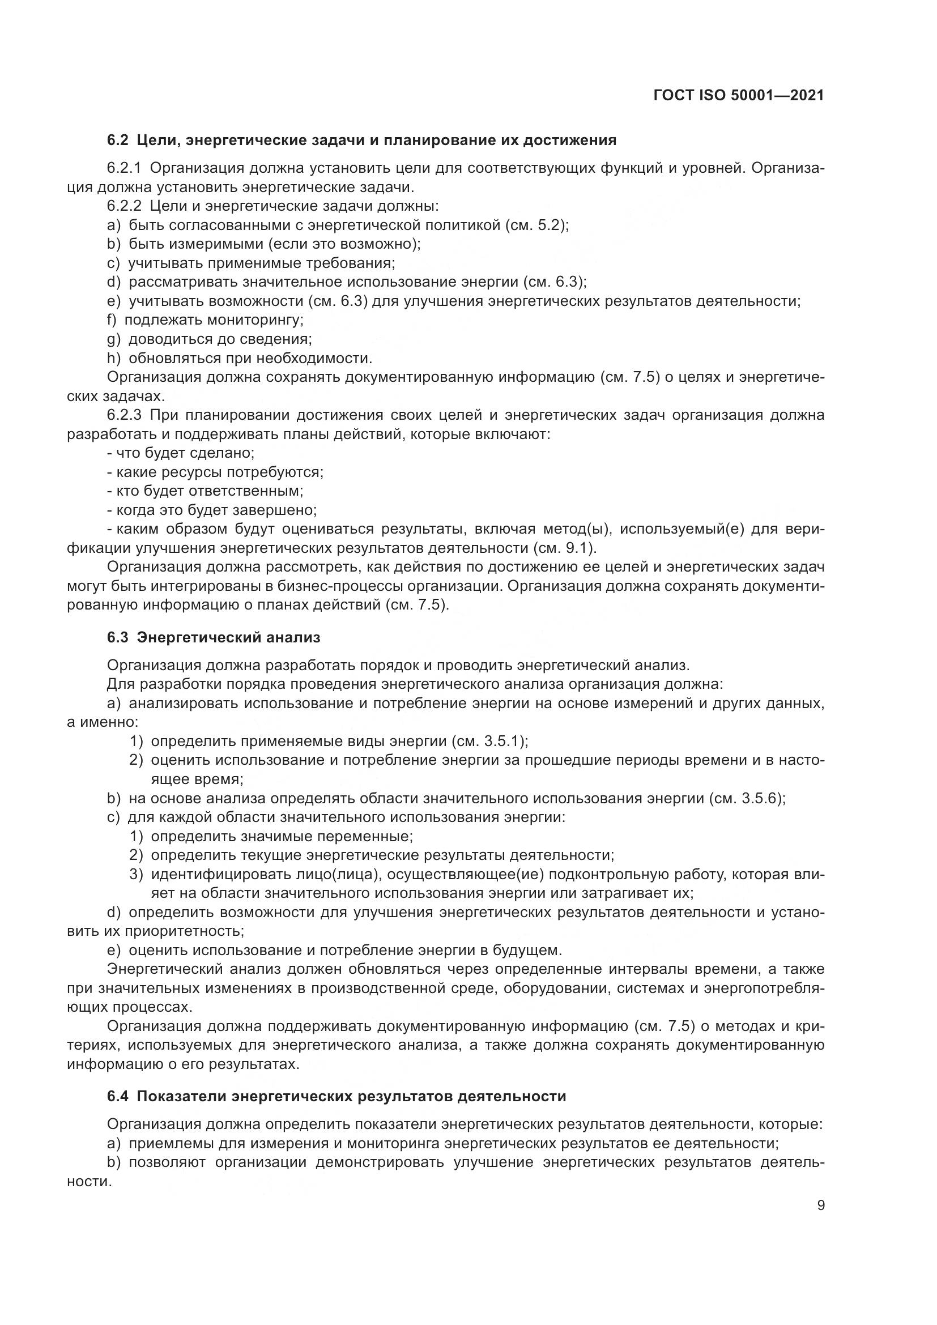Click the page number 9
pyautogui.click(x=820, y=1205)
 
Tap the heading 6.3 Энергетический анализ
pyautogui.click(x=213, y=638)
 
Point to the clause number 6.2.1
pyautogui.click(x=123, y=168)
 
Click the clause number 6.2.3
pyautogui.click(x=123, y=415)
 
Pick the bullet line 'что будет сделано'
pyautogui.click(x=181, y=453)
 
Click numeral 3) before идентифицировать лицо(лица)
pyautogui.click(x=135, y=874)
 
